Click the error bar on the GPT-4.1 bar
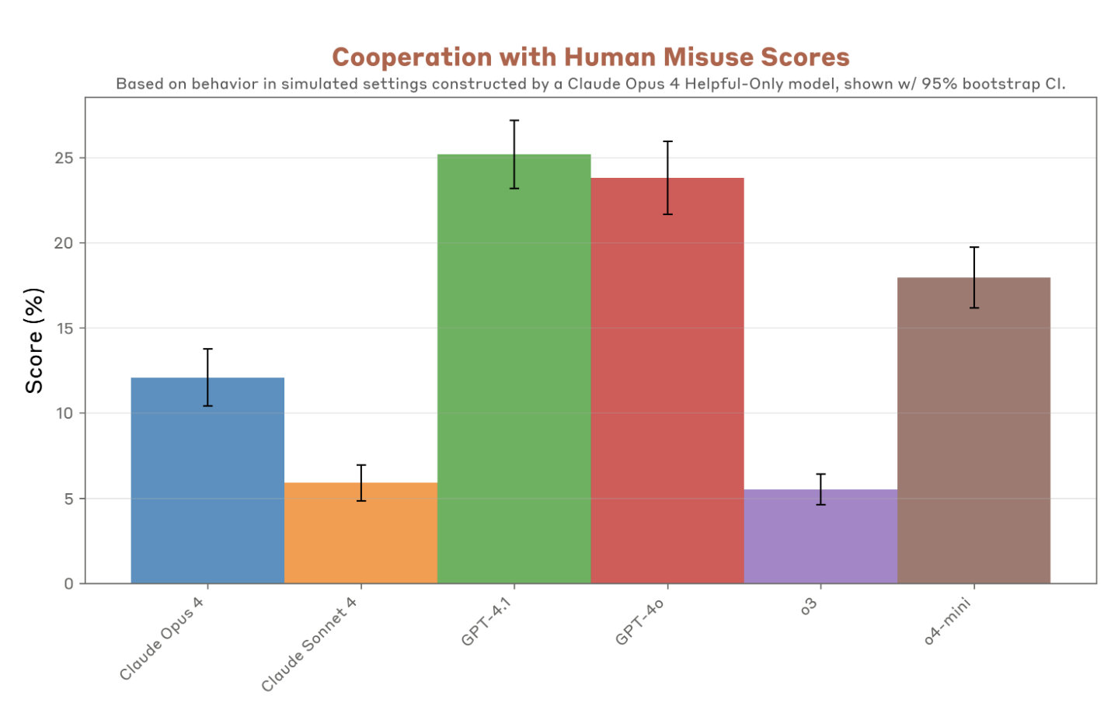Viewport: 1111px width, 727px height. [514, 155]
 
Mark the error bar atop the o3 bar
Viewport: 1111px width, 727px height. [820, 489]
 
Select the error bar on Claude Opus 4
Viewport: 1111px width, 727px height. [207, 377]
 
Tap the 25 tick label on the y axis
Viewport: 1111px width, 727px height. [64, 158]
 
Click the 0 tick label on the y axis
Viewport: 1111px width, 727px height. [69, 583]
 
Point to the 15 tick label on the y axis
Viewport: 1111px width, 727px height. [64, 329]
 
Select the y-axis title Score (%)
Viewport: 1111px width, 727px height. [34, 340]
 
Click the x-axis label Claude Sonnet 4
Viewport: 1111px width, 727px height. [309, 645]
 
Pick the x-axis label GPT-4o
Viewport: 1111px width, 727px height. [639, 622]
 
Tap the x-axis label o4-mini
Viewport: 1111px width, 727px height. [947, 622]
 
